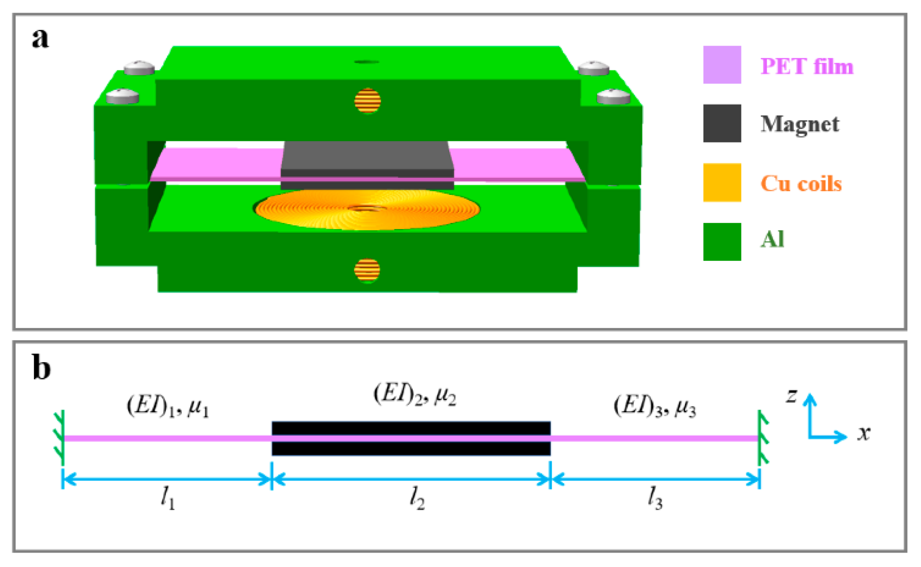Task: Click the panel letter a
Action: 41,38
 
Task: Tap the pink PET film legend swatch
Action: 722,65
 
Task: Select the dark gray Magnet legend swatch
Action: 722,124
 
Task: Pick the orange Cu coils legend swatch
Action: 722,182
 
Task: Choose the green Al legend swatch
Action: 722,242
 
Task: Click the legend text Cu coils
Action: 801,184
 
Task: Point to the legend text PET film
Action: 806,66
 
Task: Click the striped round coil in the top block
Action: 368,101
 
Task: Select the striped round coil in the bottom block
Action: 367,270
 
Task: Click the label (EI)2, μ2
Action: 414,394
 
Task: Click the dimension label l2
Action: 417,498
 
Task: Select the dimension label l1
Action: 168,498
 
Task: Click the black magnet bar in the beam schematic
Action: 410,428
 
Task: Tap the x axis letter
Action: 863,433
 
